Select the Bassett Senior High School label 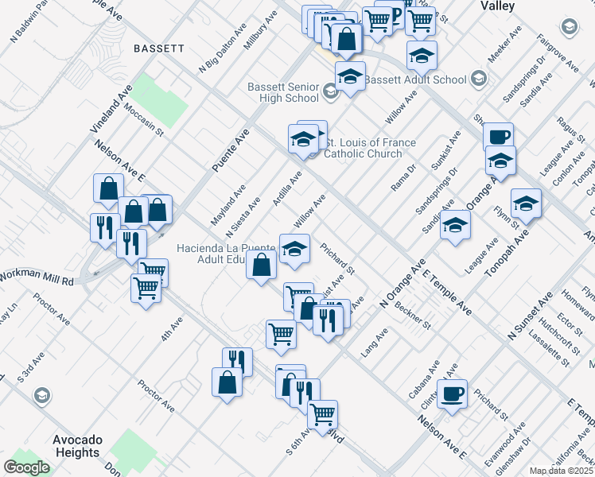click(283, 92)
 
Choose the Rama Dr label click(403, 178)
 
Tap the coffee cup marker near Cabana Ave click(453, 394)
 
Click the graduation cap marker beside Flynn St click(526, 204)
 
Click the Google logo click(26, 467)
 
